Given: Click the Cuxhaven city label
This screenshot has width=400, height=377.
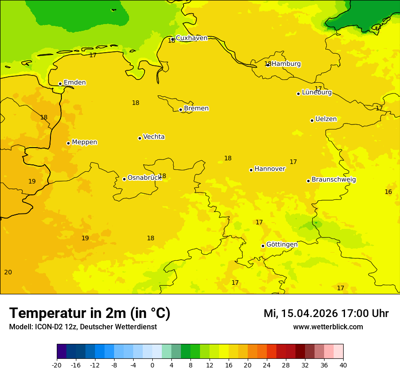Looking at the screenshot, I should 191,38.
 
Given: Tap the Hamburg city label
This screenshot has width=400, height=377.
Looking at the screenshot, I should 286,64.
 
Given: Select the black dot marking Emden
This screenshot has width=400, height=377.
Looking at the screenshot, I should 60,84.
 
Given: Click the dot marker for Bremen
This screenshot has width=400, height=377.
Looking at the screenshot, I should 180,109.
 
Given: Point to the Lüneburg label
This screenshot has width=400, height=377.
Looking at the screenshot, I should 316,93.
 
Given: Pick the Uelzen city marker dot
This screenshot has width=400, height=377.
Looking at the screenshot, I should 312,120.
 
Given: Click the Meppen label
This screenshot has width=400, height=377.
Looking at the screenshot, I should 84,142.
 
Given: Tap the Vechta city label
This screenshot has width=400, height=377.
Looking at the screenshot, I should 154,137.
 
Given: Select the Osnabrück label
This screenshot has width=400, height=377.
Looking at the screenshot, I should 144,178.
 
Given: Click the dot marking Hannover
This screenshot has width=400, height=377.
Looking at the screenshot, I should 251,170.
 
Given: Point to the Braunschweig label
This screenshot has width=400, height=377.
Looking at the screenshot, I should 334,180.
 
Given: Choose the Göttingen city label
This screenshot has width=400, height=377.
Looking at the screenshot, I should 282,244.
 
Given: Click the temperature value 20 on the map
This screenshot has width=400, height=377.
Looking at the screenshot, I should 8,272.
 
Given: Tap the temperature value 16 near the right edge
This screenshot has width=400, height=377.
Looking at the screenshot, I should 388,192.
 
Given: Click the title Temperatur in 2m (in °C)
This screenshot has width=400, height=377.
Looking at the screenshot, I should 90,313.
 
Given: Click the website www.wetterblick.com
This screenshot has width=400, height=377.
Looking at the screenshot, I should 328,327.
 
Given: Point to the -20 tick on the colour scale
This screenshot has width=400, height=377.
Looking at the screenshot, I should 57,365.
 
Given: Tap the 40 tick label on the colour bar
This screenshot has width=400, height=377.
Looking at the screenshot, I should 343,365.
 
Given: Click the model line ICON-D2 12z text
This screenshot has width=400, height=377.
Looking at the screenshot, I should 83,327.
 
